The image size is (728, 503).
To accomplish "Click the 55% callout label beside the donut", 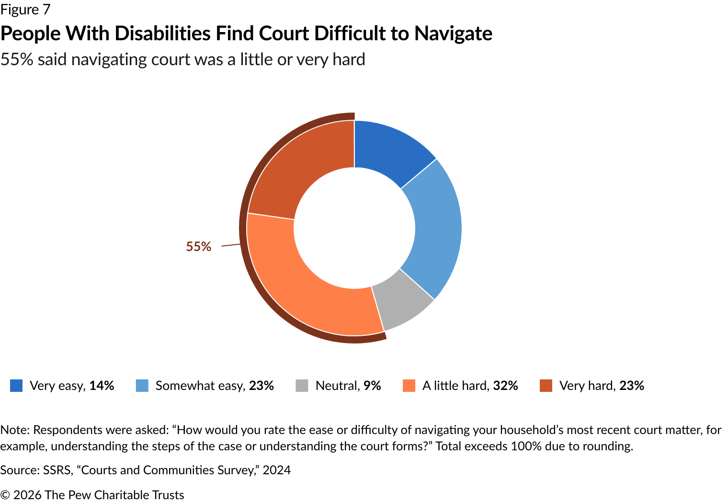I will pos(198,246).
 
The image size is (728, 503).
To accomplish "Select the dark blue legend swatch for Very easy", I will pos(16,386).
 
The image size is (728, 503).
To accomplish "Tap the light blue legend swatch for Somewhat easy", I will pos(142,386).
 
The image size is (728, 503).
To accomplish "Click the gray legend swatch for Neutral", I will pos(302,386).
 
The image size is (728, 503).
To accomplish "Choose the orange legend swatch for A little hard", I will pos(409,386).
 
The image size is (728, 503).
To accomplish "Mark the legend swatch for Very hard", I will pos(546,386).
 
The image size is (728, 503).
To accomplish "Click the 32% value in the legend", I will pos(505,386).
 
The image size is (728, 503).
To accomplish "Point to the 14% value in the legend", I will pos(102,386).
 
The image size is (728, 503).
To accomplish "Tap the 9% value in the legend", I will pos(372,386).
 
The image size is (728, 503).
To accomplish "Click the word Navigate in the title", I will pos(453,34).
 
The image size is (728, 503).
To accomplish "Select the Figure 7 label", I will pos(25,10).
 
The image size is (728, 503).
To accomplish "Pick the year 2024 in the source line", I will pos(276,470).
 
